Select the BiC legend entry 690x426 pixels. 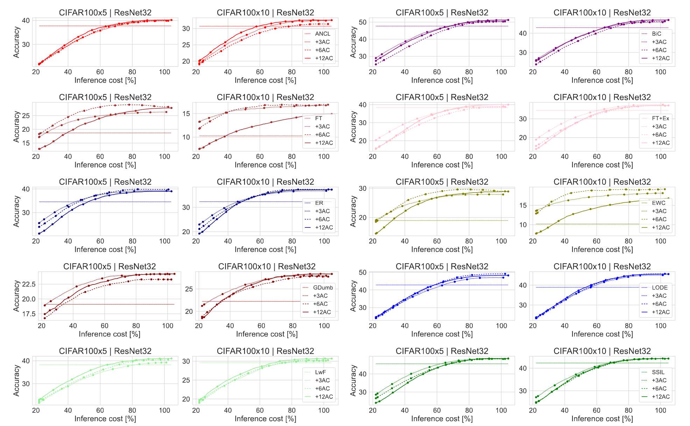[656, 34]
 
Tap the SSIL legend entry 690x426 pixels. [658, 372]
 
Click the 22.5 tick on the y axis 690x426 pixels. [29, 284]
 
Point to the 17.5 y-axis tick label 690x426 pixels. [29, 314]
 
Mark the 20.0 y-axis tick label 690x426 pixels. [29, 299]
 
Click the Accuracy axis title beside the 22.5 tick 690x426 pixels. [16, 296]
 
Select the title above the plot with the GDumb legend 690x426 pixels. [267, 267]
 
